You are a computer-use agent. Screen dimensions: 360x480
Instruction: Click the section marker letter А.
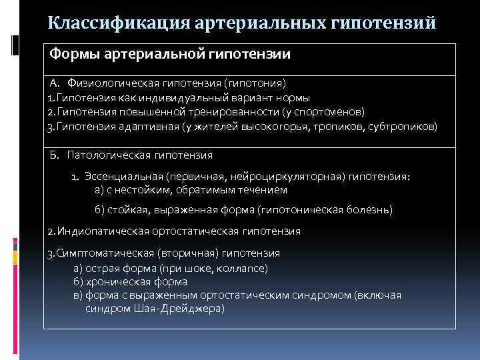(x=55, y=83)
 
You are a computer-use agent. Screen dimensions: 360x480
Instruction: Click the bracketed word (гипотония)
(x=255, y=83)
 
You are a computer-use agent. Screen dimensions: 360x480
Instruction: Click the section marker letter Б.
(x=55, y=155)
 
